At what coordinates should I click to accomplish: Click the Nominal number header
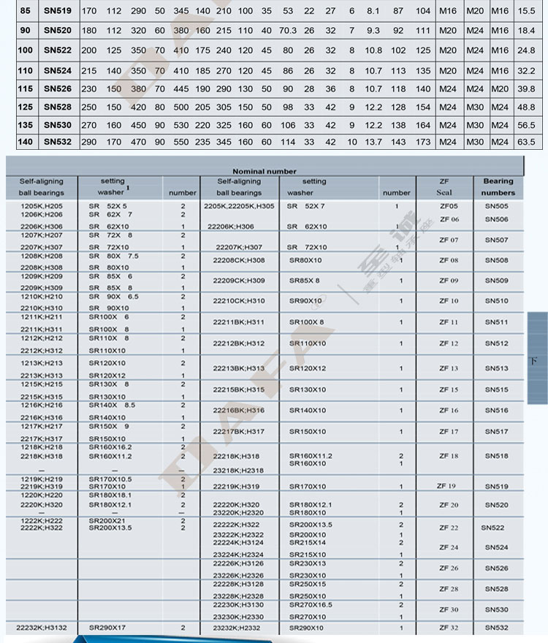(265, 171)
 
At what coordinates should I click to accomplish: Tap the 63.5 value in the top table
(526, 142)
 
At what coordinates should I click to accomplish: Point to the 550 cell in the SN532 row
(180, 142)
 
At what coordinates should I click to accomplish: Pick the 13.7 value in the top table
(373, 142)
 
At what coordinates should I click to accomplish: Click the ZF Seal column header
(444, 187)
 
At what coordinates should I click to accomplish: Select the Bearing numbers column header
(498, 187)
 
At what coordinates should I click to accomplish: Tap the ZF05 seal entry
(449, 207)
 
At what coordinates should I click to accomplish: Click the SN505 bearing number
(497, 207)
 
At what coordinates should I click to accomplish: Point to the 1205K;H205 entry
(42, 207)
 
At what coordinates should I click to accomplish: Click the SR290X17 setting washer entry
(107, 628)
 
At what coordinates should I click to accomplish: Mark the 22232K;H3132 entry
(42, 628)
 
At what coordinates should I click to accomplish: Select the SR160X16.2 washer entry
(110, 447)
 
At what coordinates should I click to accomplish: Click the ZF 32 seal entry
(449, 628)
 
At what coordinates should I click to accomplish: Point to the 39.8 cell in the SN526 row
(526, 88)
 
